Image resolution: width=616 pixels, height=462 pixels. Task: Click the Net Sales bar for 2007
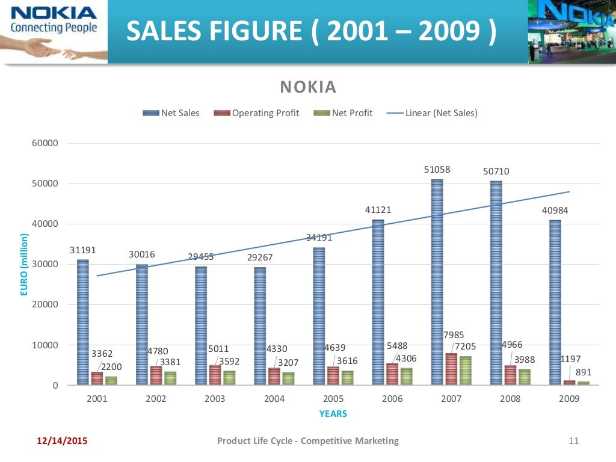[437, 283]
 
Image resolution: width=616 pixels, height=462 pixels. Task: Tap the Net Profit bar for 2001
[111, 381]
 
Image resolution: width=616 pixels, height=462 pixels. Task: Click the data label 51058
[437, 170]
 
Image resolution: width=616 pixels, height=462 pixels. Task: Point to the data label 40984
[554, 211]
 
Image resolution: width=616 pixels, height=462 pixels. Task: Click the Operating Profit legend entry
[257, 112]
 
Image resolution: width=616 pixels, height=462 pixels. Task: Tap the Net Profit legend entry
[343, 112]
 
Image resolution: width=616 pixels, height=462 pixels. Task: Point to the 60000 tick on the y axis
[46, 144]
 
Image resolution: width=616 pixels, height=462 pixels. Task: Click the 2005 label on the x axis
[333, 398]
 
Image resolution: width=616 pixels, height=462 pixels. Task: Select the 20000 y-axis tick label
[46, 305]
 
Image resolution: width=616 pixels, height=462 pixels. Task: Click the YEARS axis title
[333, 414]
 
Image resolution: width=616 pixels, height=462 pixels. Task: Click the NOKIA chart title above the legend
[309, 88]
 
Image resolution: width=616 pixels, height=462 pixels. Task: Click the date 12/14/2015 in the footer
[62, 441]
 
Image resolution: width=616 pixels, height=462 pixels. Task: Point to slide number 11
[573, 441]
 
